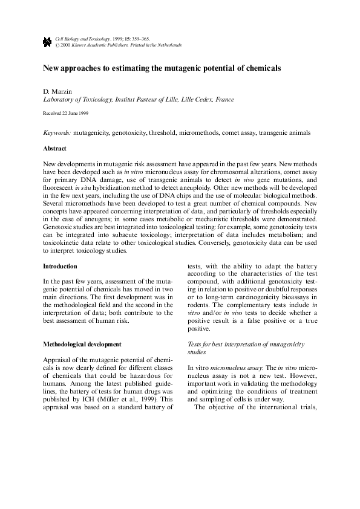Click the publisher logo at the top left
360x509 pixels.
pyautogui.click(x=47, y=41)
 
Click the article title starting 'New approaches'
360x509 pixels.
pyautogui.click(x=162, y=68)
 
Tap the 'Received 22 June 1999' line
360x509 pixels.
pyautogui.click(x=66, y=113)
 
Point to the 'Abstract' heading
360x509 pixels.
pyautogui.click(x=55, y=148)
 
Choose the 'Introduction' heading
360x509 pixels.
pyautogui.click(x=60, y=266)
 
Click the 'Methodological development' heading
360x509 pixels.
pyautogui.click(x=82, y=344)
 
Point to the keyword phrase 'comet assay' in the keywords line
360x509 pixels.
pyautogui.click(x=238, y=132)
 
